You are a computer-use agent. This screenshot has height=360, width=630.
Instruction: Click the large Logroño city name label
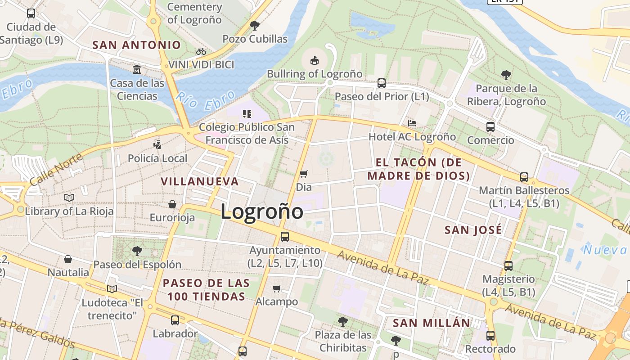pyautogui.click(x=262, y=211)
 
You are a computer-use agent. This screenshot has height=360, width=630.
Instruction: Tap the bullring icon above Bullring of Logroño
pyautogui.click(x=315, y=60)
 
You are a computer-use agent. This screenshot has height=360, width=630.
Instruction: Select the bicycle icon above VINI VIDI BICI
pyautogui.click(x=201, y=52)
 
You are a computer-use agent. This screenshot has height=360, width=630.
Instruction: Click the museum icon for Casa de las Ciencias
pyautogui.click(x=137, y=70)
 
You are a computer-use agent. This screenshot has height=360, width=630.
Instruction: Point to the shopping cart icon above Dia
pyautogui.click(x=304, y=174)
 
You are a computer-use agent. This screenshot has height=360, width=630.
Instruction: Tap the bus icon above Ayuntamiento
pyautogui.click(x=285, y=236)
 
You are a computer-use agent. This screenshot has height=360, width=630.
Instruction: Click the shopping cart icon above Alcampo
pyautogui.click(x=277, y=288)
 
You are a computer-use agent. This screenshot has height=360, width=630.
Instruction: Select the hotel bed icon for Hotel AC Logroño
pyautogui.click(x=412, y=123)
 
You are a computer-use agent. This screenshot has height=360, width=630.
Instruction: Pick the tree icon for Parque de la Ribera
pyautogui.click(x=506, y=75)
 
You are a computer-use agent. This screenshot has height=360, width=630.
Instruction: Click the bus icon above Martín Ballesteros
pyautogui.click(x=524, y=177)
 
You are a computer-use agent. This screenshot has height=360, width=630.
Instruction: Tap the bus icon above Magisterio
pyautogui.click(x=508, y=265)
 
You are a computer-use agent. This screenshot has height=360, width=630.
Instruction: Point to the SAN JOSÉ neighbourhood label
pyautogui.click(x=473, y=230)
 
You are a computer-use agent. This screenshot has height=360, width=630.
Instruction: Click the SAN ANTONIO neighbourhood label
pyautogui.click(x=136, y=45)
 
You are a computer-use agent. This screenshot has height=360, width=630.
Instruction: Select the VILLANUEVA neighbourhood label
pyautogui.click(x=200, y=181)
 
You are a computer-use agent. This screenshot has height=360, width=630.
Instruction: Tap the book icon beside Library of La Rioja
pyautogui.click(x=69, y=198)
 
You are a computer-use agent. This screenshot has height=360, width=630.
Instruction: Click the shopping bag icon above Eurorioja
pyautogui.click(x=172, y=204)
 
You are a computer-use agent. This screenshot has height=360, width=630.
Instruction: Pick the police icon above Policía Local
pyautogui.click(x=157, y=145)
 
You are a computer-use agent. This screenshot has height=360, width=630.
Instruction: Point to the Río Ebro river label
pyautogui.click(x=206, y=100)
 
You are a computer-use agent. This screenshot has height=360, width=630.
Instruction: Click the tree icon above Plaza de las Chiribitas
pyautogui.click(x=343, y=321)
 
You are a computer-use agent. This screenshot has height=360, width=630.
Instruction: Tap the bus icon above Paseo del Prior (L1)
pyautogui.click(x=382, y=83)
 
